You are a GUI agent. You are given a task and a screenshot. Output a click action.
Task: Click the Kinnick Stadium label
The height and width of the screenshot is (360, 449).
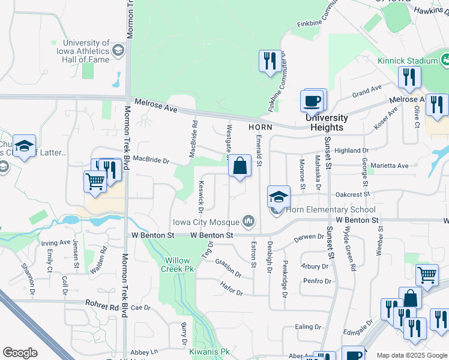408,61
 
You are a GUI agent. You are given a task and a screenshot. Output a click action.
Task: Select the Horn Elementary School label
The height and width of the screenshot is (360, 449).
330,209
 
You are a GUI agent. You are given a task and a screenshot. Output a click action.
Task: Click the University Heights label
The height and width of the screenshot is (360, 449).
327,122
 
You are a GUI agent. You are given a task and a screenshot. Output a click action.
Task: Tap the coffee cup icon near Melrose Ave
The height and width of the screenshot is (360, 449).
312,101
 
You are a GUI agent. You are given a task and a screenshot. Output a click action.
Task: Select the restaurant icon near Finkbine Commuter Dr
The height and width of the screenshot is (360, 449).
268,61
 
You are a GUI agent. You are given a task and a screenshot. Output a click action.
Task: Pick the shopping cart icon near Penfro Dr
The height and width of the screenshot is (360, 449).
426,275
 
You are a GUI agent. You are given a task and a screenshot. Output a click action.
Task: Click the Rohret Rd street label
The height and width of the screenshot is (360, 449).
102,305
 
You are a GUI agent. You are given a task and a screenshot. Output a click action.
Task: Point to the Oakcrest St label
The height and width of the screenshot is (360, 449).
351,194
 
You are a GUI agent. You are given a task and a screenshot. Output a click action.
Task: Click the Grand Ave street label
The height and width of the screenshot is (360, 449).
367,91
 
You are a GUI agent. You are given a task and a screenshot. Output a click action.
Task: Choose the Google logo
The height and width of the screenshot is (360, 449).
20,353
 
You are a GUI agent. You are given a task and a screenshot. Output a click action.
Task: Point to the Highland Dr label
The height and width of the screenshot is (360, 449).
352,150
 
